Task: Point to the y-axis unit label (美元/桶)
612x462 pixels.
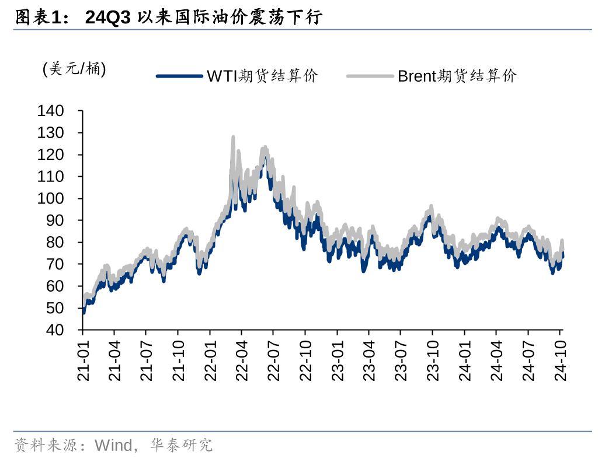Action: (74, 69)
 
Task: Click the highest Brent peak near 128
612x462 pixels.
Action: (233, 138)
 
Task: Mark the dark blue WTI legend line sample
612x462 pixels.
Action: (180, 76)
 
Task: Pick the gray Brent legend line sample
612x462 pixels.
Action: (370, 76)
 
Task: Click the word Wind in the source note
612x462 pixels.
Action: (113, 446)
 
